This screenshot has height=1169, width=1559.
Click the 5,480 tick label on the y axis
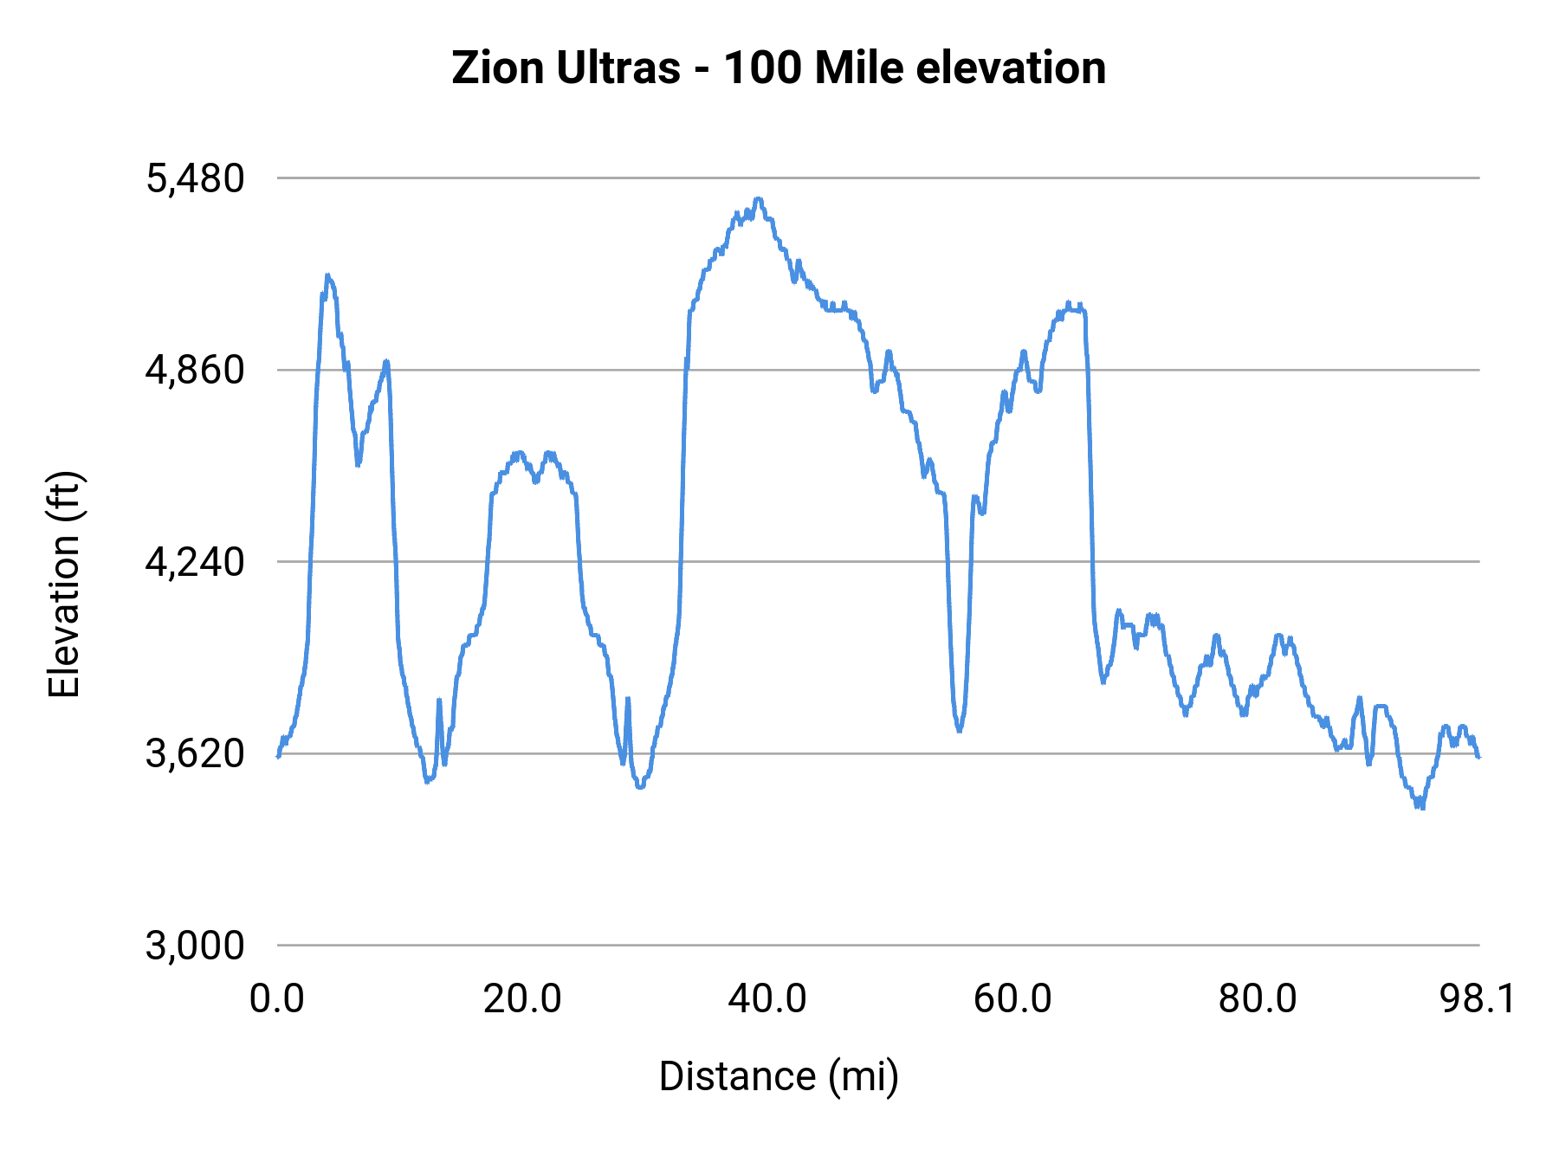(x=195, y=179)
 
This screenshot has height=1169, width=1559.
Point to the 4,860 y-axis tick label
(x=195, y=371)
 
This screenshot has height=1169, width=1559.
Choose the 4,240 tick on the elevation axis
(x=195, y=563)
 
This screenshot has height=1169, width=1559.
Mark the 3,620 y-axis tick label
(x=195, y=754)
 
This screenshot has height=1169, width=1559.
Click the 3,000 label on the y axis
(x=195, y=946)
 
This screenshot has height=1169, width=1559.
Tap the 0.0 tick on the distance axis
(x=276, y=999)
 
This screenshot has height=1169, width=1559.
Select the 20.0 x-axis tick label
(x=522, y=999)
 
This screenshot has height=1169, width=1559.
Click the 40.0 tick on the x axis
(x=767, y=999)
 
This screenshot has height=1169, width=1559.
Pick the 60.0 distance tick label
(x=1012, y=999)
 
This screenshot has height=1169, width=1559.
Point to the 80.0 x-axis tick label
(x=1258, y=999)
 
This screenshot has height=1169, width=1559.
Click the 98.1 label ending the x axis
(x=1478, y=999)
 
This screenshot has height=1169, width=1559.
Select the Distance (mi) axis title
(x=779, y=1076)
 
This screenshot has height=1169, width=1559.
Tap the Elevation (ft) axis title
(x=64, y=584)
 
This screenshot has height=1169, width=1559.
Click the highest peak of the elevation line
(x=759, y=199)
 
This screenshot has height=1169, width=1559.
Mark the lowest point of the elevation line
(x=1420, y=807)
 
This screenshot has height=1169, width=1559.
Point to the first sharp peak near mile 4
(x=327, y=275)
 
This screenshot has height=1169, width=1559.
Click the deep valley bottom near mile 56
(x=960, y=730)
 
